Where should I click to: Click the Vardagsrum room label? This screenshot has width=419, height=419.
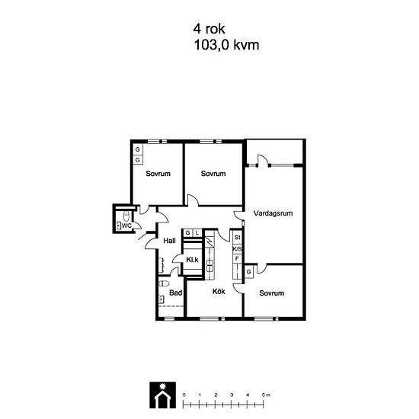pyautogui.click(x=273, y=213)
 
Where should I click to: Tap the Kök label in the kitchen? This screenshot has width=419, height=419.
pyautogui.click(x=219, y=291)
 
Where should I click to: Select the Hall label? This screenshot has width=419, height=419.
pyautogui.click(x=169, y=241)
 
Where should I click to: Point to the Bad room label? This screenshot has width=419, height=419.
pyautogui.click(x=175, y=293)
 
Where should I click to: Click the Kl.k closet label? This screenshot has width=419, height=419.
pyautogui.click(x=192, y=260)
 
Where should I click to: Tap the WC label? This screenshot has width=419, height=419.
pyautogui.click(x=126, y=225)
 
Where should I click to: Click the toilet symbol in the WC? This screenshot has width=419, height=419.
pyautogui.click(x=126, y=216)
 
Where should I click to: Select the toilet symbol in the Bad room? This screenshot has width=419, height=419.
pyautogui.click(x=164, y=283)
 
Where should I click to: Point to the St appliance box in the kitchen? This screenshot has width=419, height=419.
pyautogui.click(x=237, y=237)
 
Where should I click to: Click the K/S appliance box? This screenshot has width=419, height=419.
pyautogui.click(x=237, y=249)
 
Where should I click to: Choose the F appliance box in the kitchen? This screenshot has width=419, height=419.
pyautogui.click(x=237, y=258)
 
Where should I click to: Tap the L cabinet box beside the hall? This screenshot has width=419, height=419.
pyautogui.click(x=197, y=233)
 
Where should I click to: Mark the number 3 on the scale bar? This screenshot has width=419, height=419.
pyautogui.click(x=232, y=395)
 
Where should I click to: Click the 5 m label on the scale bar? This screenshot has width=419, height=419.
pyautogui.click(x=266, y=395)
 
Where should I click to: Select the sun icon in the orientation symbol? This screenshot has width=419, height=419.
pyautogui.click(x=162, y=386)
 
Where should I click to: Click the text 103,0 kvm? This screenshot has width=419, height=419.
pyautogui.click(x=226, y=45)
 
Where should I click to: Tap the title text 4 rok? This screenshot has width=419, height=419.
pyautogui.click(x=209, y=29)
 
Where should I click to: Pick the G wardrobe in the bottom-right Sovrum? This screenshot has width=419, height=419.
pyautogui.click(x=249, y=272)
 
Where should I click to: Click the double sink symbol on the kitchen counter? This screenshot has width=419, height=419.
pyautogui.click(x=209, y=265)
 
